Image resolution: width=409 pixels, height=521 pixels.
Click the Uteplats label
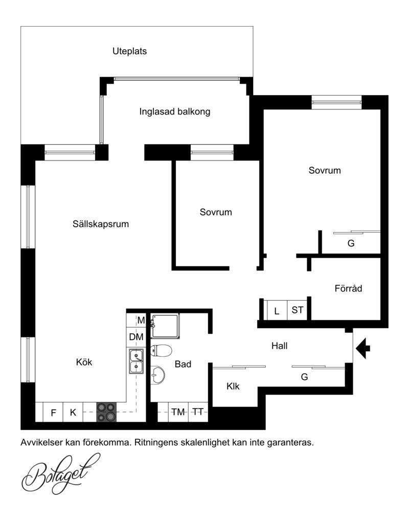(x=129, y=52)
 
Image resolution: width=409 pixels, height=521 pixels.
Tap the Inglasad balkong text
(x=175, y=111)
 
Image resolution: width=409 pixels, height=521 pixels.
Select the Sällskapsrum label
(x=101, y=224)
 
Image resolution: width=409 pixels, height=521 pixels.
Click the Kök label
(x=84, y=362)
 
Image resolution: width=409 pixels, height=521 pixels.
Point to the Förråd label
(x=348, y=288)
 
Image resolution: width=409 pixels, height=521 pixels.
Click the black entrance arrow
(x=363, y=348)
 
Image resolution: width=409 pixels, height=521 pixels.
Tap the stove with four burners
(x=106, y=412)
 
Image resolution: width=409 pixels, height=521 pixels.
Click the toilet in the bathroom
(x=161, y=350)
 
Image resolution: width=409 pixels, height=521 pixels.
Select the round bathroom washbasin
(x=157, y=375)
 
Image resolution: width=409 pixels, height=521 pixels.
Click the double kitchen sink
(x=136, y=361)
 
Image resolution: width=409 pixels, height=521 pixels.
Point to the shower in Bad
(x=165, y=326)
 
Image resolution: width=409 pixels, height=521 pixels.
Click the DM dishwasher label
(x=136, y=337)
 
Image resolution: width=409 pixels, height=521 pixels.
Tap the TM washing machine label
(x=178, y=412)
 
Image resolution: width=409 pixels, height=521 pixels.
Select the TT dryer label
(x=198, y=412)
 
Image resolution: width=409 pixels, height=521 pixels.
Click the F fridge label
(x=53, y=413)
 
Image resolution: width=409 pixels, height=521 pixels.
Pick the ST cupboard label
(x=298, y=310)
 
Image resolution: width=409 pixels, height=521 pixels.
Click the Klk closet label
(x=233, y=386)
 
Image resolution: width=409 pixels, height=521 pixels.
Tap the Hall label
(x=280, y=346)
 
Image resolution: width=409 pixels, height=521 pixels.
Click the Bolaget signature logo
(x=61, y=473)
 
